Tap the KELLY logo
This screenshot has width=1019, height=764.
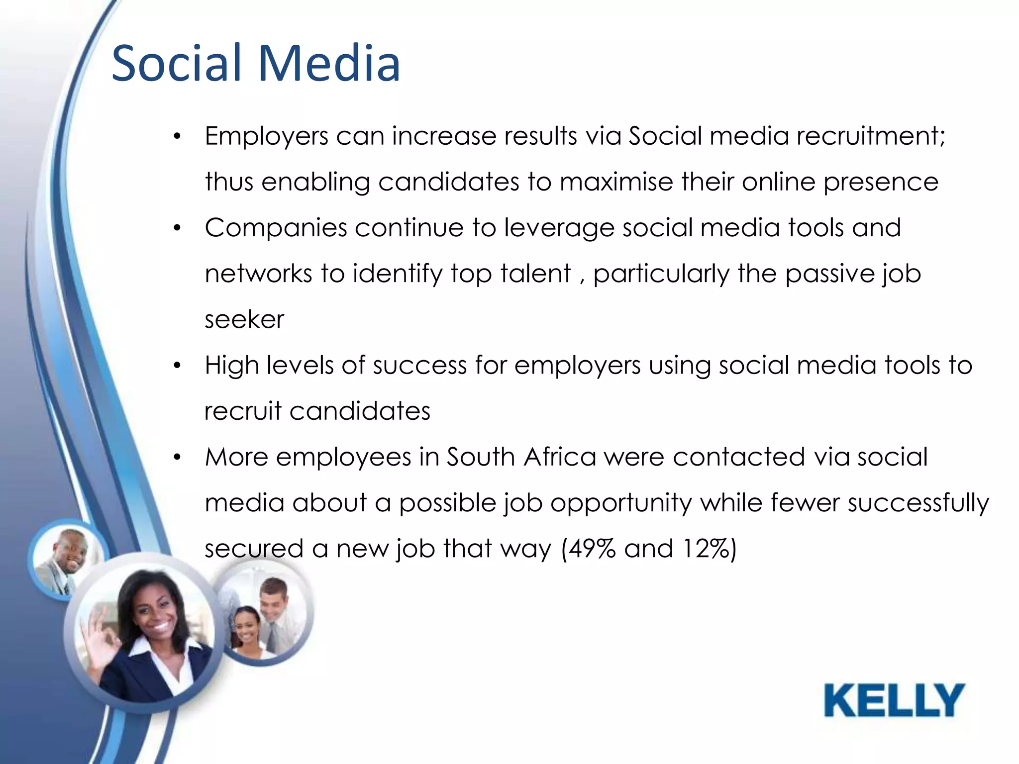point(894,700)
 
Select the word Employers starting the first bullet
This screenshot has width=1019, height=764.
point(267,136)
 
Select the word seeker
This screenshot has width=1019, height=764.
point(244,320)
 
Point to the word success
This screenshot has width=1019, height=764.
point(419,366)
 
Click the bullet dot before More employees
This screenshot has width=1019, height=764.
point(177,457)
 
